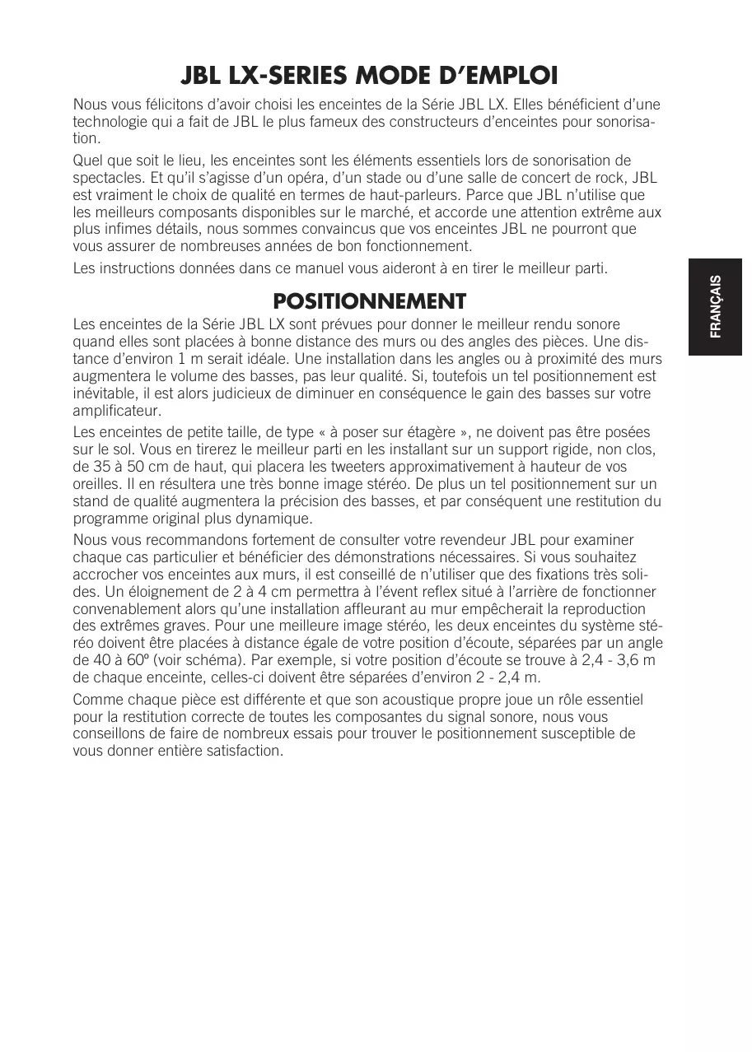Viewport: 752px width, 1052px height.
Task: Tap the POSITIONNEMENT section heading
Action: click(369, 300)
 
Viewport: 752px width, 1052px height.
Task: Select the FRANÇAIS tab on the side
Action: click(716, 306)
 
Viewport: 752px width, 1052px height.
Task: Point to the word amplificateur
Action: click(117, 410)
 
